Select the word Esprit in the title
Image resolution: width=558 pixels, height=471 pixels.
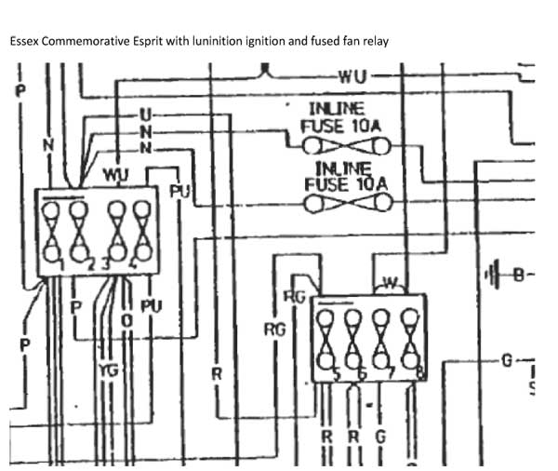(151, 42)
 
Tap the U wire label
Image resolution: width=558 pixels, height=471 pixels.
(144, 114)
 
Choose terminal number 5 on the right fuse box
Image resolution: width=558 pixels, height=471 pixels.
(337, 375)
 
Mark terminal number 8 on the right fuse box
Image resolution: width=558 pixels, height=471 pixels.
(420, 375)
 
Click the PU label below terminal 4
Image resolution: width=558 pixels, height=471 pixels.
(150, 305)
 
